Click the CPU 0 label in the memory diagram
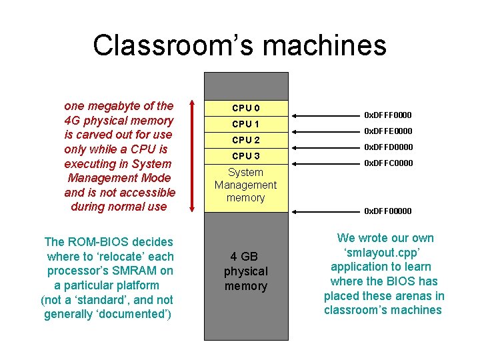246,108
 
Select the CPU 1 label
246,124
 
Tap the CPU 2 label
246,140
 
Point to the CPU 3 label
246,156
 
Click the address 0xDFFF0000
388,115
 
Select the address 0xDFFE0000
388,131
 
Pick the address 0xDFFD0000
388,147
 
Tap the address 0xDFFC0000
388,163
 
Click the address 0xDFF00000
388,211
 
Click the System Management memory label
245,185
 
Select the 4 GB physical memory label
245,271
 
